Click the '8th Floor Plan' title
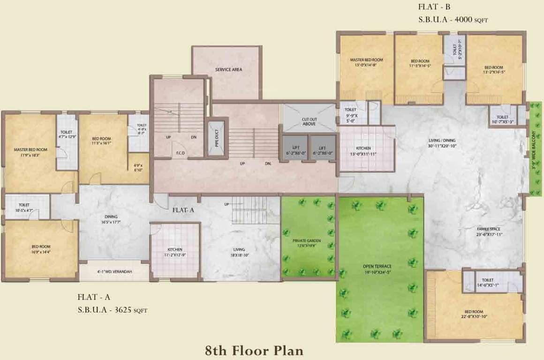pyautogui.click(x=254, y=350)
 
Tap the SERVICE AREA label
pyautogui.click(x=228, y=70)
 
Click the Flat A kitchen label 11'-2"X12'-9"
pyautogui.click(x=175, y=252)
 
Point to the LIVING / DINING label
pyautogui.click(x=441, y=143)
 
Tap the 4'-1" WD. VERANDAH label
pyautogui.click(x=114, y=271)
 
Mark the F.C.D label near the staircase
pyautogui.click(x=180, y=153)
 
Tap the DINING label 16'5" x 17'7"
pyautogui.click(x=111, y=219)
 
